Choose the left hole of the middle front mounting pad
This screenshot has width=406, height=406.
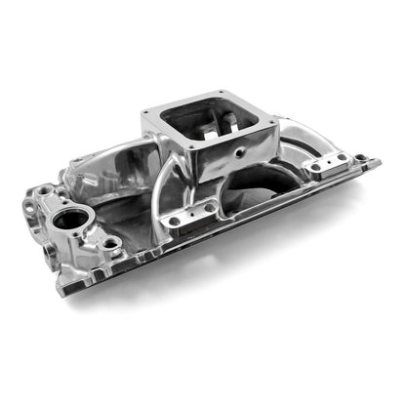(x=175, y=221)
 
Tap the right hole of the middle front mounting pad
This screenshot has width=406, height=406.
(x=208, y=208)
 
